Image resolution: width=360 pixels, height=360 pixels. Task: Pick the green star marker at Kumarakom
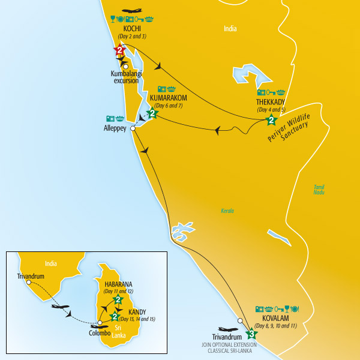152,113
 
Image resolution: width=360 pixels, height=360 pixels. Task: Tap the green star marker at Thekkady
271,121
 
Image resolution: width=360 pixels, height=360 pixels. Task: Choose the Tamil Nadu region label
319,190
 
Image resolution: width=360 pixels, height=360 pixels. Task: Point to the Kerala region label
227,211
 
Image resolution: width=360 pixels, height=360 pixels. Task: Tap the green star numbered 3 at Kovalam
251,334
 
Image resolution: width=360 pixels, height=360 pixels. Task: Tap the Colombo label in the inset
100,332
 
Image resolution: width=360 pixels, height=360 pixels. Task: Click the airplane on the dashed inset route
60,307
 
